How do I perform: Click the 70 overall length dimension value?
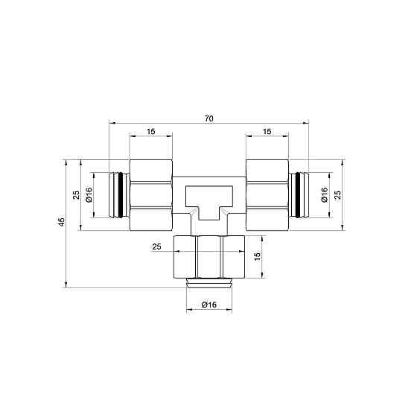[208, 119]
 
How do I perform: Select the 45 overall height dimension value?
[63, 222]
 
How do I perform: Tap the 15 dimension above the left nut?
[150, 132]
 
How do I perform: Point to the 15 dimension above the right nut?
[267, 132]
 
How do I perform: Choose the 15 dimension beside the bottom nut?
[257, 256]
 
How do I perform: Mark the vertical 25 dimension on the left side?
[76, 195]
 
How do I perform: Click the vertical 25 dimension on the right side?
[339, 195]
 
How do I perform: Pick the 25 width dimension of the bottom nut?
[156, 246]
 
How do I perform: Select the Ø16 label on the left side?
[89, 195]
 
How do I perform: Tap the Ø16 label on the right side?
[325, 195]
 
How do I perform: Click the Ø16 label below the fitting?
[208, 305]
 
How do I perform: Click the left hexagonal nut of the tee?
[151, 195]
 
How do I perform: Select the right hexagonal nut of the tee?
[267, 195]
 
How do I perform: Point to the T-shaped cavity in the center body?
[208, 200]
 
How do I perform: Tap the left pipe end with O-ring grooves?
[119, 195]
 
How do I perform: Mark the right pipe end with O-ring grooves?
[298, 195]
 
